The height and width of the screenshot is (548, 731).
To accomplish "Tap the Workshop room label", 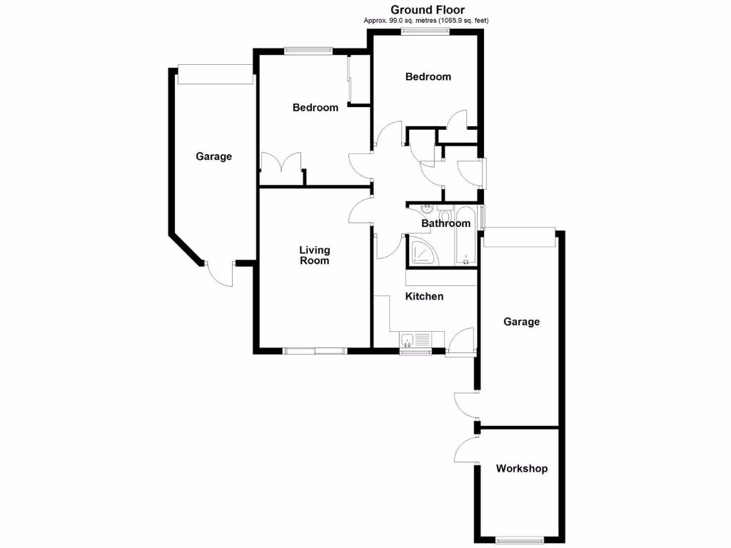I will click(522, 469).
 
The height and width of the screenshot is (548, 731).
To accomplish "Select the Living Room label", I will click(314, 255).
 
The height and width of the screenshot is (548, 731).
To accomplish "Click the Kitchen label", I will click(425, 296).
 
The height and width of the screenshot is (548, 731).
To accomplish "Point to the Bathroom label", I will click(446, 223).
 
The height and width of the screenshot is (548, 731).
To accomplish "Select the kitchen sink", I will click(415, 340).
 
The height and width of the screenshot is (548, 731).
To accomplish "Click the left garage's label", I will click(214, 156).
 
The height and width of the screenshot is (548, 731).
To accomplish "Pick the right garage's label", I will click(522, 322).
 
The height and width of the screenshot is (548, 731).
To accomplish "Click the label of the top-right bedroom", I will click(428, 76).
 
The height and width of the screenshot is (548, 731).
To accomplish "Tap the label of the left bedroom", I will click(316, 108).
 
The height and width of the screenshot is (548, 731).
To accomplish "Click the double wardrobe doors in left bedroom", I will click(281, 162).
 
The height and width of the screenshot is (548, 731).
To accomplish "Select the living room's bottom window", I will click(315, 350).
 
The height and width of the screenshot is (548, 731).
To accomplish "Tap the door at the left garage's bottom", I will click(220, 273).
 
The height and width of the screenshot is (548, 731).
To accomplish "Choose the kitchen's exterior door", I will click(462, 341).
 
